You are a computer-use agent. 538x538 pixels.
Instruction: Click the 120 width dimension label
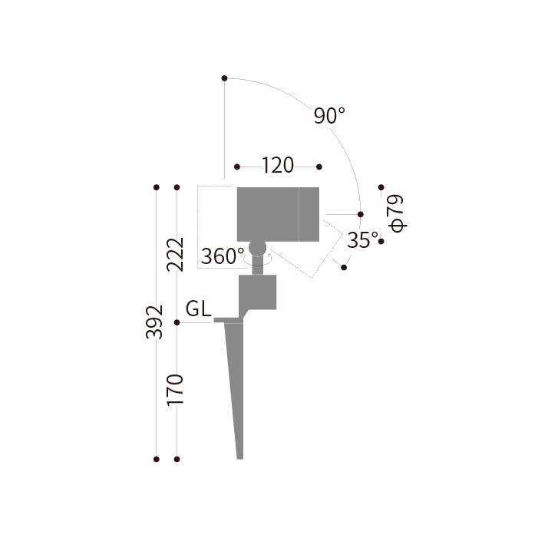click(278, 166)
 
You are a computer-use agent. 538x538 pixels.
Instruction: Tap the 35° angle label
click(363, 239)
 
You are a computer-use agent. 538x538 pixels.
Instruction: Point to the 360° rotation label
click(223, 256)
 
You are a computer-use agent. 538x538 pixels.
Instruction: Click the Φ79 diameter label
click(396, 214)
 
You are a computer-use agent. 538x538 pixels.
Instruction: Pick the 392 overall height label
click(154, 322)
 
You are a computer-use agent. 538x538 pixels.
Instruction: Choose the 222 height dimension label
click(175, 255)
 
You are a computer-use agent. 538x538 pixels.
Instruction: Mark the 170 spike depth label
click(175, 390)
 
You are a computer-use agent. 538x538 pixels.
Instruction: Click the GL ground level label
click(198, 309)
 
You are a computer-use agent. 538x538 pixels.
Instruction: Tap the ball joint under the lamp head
click(257, 248)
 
